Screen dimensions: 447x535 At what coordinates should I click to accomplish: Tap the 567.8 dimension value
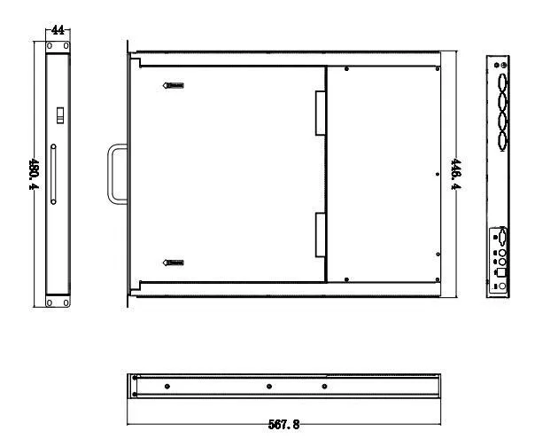click(285, 424)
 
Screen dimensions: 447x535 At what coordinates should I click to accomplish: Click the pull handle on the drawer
click(116, 174)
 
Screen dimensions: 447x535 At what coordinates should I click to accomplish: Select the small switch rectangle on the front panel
click(60, 114)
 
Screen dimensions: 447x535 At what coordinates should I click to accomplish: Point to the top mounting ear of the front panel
click(58, 50)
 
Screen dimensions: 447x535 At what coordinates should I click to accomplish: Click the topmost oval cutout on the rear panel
click(502, 84)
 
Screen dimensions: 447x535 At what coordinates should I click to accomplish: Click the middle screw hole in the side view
click(268, 386)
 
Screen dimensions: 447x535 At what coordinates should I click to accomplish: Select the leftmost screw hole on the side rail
click(167, 386)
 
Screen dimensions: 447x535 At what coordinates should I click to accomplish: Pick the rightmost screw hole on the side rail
click(324, 386)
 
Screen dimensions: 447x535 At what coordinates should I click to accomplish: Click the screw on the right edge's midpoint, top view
click(438, 174)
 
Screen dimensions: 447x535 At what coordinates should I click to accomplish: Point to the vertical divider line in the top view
click(326, 174)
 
